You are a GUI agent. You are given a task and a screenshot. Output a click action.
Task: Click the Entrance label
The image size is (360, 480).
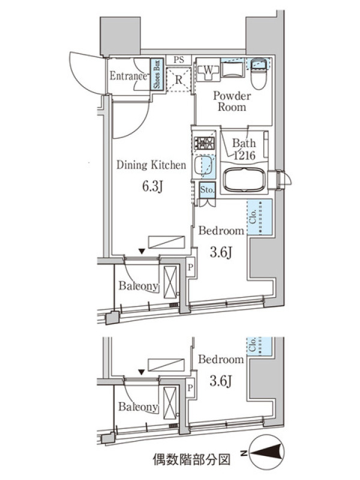point(128,76)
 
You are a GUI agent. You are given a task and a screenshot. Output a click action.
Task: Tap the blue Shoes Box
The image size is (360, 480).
point(156,74)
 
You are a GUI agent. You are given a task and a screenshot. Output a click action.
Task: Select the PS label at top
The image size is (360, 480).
point(179,59)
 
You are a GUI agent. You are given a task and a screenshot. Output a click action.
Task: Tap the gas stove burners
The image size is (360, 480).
point(204,143)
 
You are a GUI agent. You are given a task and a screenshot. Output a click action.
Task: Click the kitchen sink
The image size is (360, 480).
point(205,166)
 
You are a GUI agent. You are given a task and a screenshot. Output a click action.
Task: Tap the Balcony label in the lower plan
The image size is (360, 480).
point(138,407)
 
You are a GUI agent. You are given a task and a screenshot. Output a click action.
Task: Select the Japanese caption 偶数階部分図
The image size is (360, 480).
point(191,460)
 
